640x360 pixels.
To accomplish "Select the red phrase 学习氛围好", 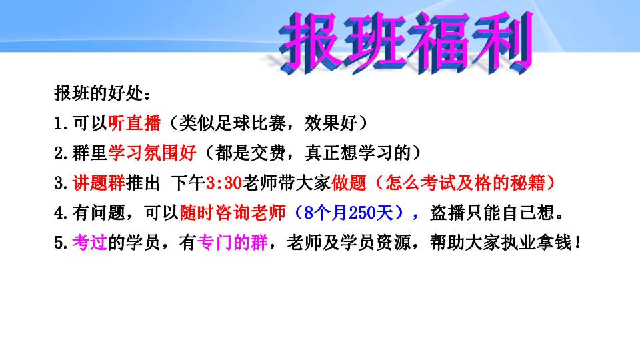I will click(x=152, y=153).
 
